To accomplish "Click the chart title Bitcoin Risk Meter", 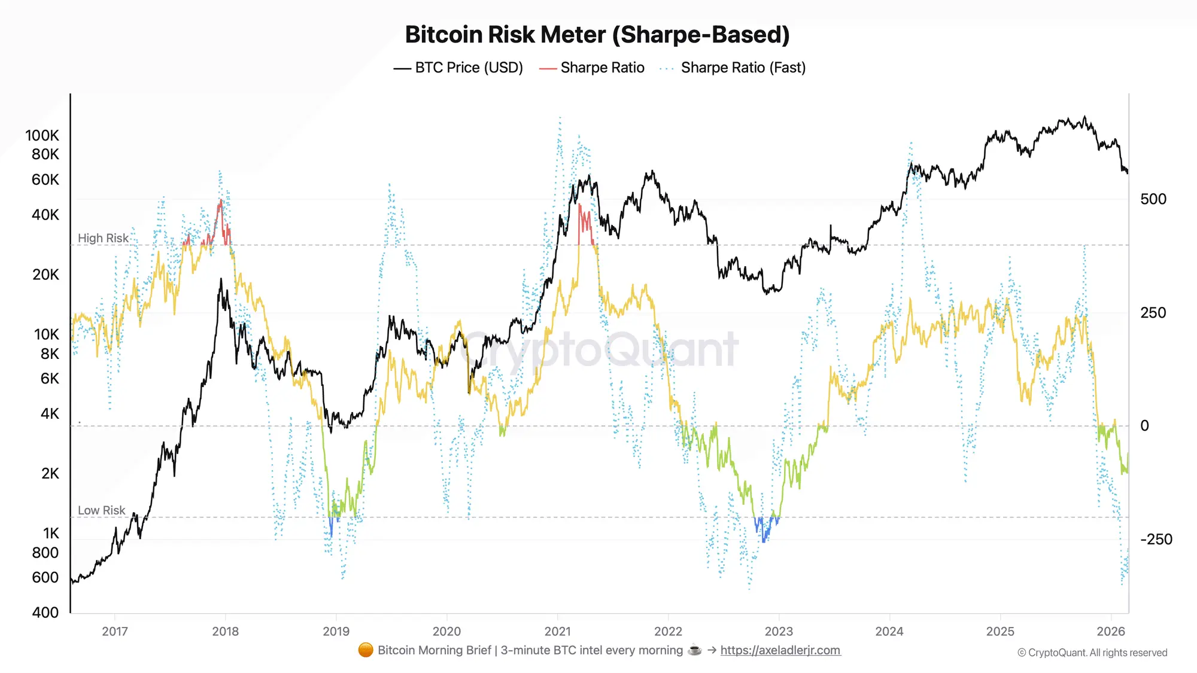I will click(x=597, y=35).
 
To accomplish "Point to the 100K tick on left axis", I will click(x=42, y=135).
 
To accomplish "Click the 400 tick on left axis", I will click(x=45, y=613).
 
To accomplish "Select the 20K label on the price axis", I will click(x=45, y=275).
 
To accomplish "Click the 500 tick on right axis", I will click(x=1153, y=199).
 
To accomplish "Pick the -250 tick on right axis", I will click(x=1156, y=540).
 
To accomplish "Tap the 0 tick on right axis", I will click(x=1144, y=426).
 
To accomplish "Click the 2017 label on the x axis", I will click(x=115, y=631).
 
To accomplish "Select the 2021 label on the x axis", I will click(x=557, y=631).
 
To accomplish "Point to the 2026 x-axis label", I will click(x=1111, y=631).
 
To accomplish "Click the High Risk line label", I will click(x=103, y=238).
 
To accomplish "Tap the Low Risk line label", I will click(x=101, y=510).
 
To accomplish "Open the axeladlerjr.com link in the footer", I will click(x=780, y=650).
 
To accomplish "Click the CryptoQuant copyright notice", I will click(x=1092, y=653).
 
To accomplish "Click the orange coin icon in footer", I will click(x=366, y=650).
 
